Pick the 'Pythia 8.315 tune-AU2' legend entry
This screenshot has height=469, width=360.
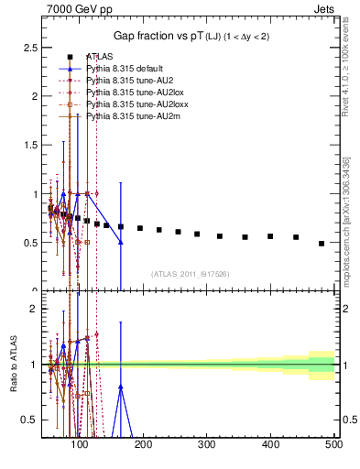click(x=128, y=82)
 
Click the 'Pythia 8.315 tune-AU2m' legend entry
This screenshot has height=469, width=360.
click(x=130, y=117)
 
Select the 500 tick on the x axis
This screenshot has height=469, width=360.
click(x=333, y=445)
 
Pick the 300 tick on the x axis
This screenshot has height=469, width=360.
click(x=206, y=445)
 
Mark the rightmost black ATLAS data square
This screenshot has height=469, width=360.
click(x=322, y=244)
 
